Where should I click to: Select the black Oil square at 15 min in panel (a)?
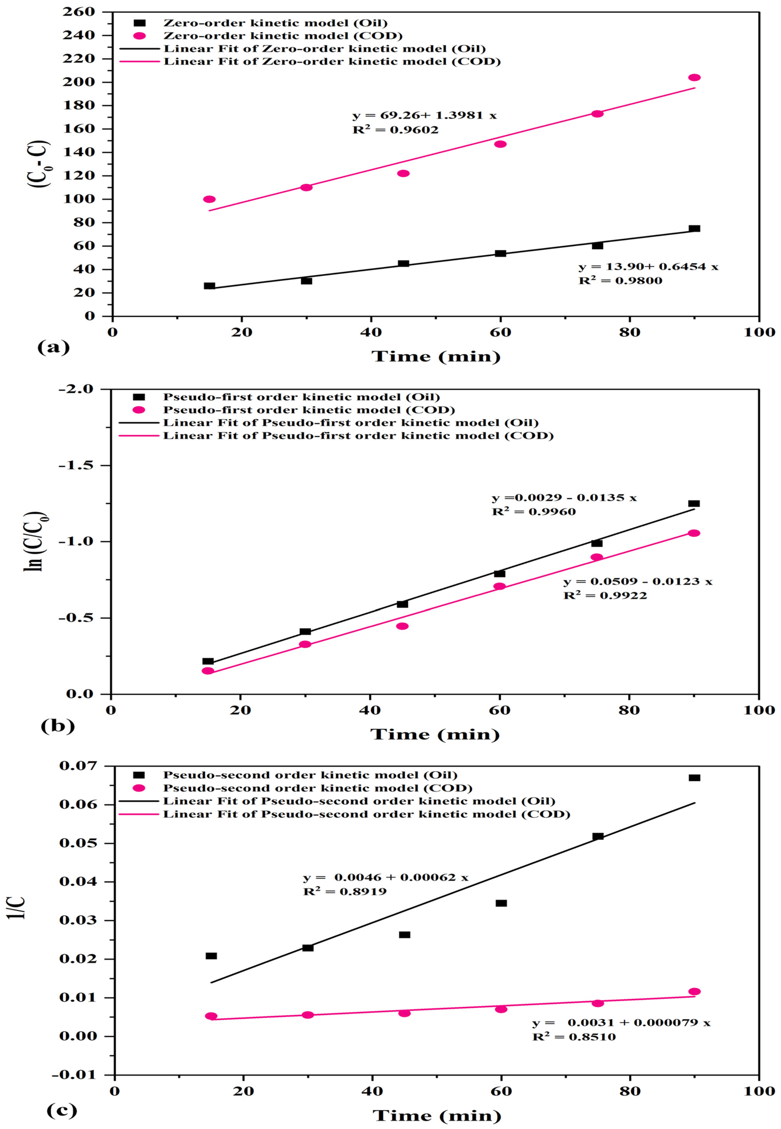(209, 286)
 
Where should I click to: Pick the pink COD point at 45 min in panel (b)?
(402, 626)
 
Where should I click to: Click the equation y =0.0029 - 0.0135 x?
(564, 498)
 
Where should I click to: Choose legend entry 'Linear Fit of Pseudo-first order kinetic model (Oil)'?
(350, 423)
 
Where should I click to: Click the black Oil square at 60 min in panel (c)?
(501, 903)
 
